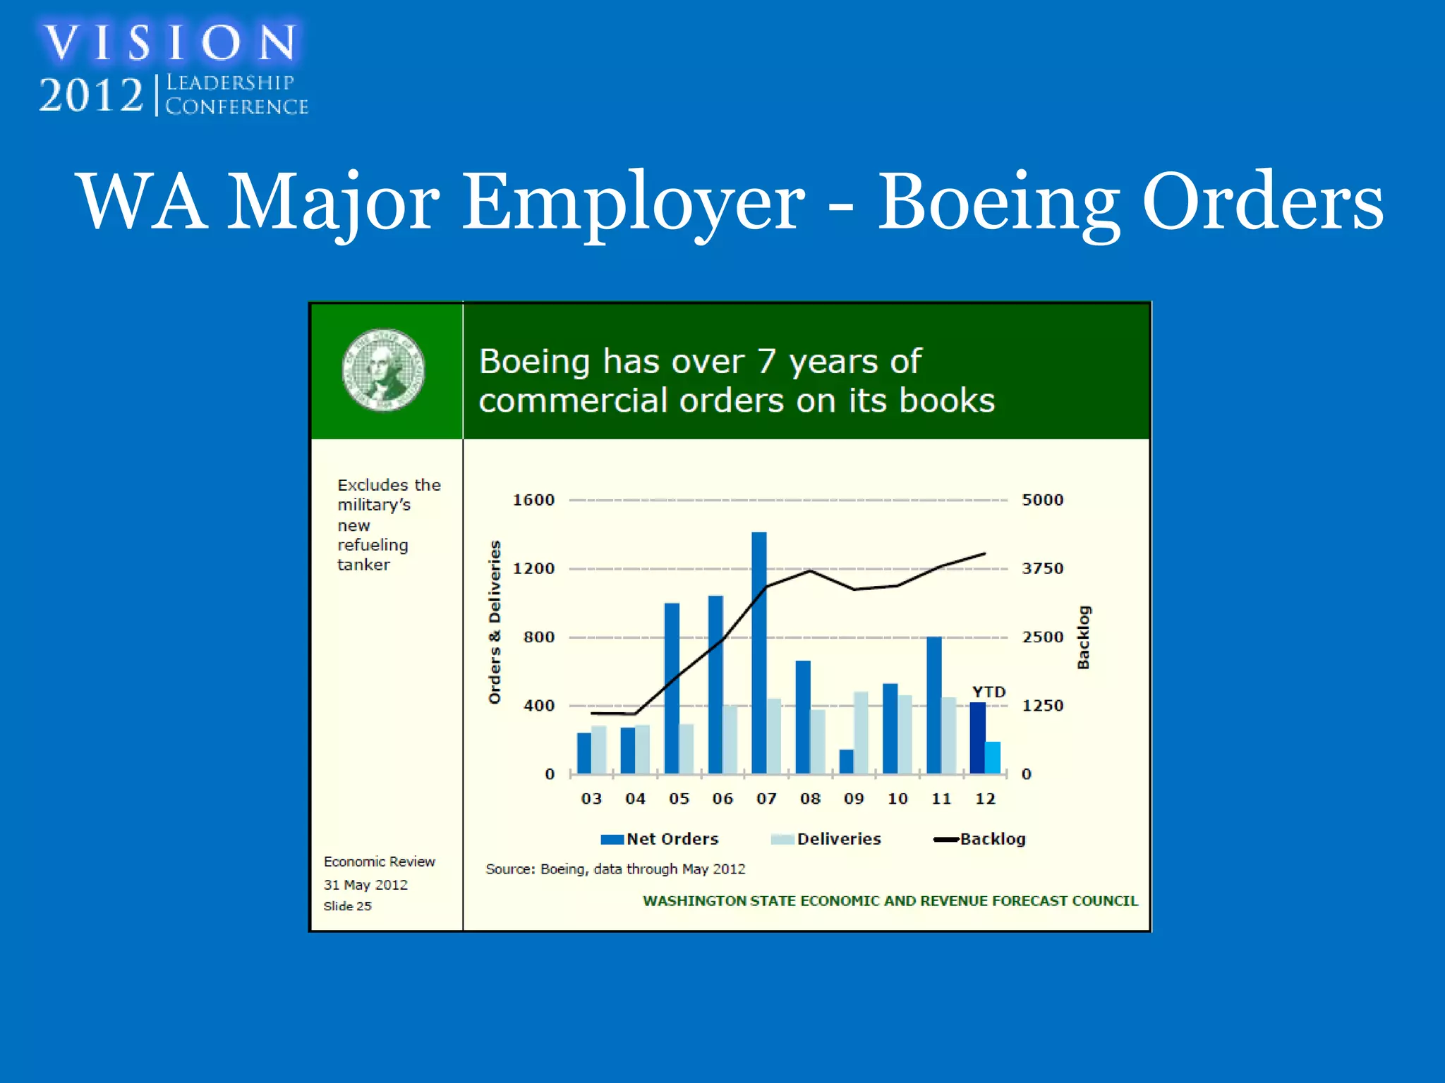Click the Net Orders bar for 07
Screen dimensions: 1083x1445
click(x=759, y=653)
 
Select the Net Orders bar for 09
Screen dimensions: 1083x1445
click(x=846, y=761)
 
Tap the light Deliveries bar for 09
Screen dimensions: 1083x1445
click(x=861, y=733)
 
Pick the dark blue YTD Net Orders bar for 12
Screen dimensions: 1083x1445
click(x=977, y=738)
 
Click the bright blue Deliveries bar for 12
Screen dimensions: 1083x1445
click(x=993, y=758)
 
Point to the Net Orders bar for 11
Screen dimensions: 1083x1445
click(x=934, y=705)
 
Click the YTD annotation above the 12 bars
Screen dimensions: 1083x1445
click(x=988, y=692)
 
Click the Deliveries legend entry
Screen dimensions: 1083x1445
click(x=826, y=839)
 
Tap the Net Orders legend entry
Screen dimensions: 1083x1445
click(x=660, y=839)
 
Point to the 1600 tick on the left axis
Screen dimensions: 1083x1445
click(x=533, y=500)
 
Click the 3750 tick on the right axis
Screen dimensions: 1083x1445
click(x=1042, y=568)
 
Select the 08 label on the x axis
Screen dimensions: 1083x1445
click(x=810, y=799)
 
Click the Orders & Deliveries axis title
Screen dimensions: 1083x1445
click(x=495, y=622)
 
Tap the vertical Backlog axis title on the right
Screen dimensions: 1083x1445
click(x=1083, y=637)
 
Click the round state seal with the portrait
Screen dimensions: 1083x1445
click(x=384, y=370)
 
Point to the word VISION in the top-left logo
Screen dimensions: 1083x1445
click(x=170, y=43)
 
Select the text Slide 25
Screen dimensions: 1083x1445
click(x=347, y=906)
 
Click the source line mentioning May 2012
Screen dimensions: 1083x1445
click(x=615, y=869)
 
